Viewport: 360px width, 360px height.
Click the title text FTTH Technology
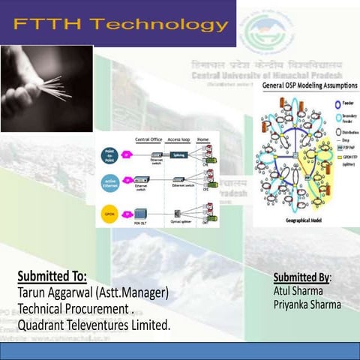coord(120,24)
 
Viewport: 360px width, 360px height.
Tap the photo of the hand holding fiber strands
coord(46,88)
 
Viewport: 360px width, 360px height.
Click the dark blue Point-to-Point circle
coord(110,154)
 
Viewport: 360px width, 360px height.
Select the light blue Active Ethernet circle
coord(110,182)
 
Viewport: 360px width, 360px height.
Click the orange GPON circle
coord(110,213)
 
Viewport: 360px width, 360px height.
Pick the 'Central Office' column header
coord(149,140)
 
